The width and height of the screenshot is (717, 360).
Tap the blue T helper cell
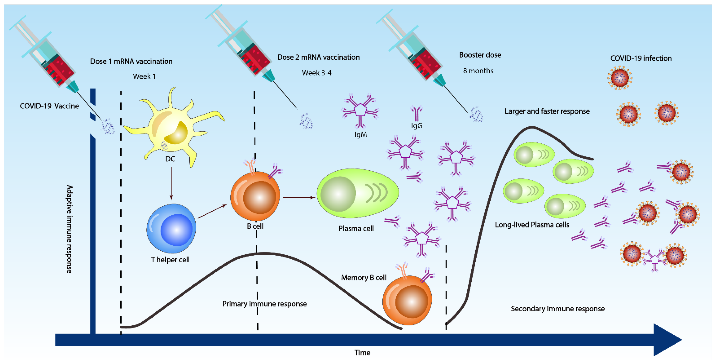coord(171,228)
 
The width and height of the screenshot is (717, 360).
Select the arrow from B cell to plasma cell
coord(298,197)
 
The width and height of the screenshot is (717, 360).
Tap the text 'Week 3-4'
coord(317,73)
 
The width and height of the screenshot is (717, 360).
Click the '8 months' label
coord(478,71)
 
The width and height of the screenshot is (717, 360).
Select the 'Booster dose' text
coord(480,55)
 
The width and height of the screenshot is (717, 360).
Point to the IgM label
coord(360,134)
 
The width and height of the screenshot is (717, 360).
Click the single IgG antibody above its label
coord(416,114)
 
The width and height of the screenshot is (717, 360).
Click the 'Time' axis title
coord(362,352)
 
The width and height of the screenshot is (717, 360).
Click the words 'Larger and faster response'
coord(547,111)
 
